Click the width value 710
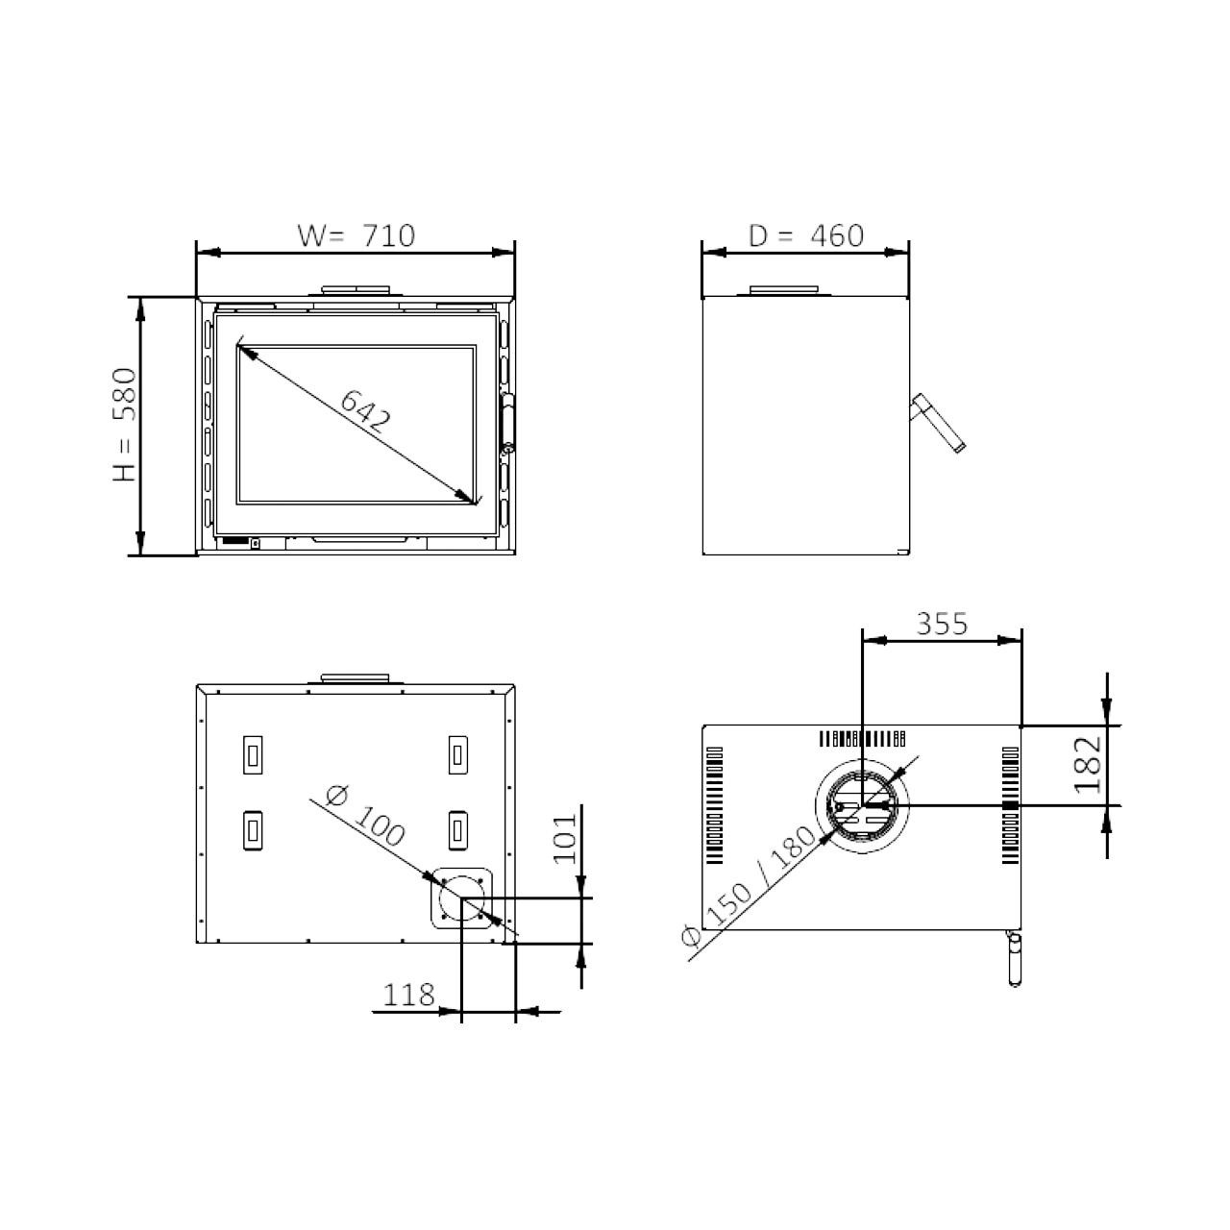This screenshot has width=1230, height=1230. pos(389,235)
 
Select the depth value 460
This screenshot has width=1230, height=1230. pos(837,235)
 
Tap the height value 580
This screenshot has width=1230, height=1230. pos(125,395)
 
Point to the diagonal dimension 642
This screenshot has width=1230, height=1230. pos(365,411)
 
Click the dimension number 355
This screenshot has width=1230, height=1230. pos(942,624)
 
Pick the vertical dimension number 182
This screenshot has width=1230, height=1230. pos(1089,765)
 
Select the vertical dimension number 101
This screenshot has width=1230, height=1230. pos(565,839)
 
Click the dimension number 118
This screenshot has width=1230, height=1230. pos(408,996)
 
